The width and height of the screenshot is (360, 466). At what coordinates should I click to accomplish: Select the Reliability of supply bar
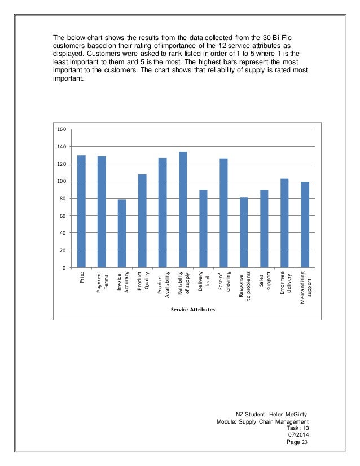tap(183, 209)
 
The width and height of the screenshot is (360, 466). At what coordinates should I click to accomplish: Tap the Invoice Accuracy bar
tap(122, 233)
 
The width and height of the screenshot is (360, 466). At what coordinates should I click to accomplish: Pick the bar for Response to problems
tap(244, 232)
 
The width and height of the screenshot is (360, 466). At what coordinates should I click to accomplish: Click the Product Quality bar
tap(142, 221)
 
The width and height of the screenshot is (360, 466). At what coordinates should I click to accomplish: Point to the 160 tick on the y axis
tap(62, 129)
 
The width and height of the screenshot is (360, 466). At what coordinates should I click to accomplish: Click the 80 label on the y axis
tap(64, 199)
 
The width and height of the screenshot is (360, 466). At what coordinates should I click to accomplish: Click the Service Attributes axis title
tap(193, 310)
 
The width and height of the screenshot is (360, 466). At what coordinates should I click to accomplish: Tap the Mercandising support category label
tap(305, 287)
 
